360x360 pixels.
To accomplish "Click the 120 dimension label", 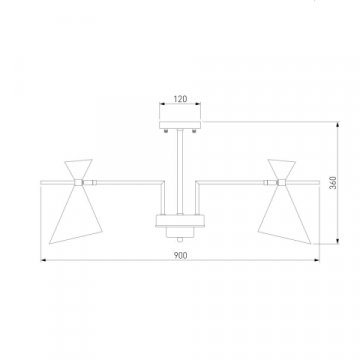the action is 180,99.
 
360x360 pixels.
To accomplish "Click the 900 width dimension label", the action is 180,256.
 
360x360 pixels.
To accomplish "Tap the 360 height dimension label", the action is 333,183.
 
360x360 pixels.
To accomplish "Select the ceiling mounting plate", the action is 180,125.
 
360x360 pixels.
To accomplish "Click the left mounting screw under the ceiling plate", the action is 166,131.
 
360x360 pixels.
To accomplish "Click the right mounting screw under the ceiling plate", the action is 194,131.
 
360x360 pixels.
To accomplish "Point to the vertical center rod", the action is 180,172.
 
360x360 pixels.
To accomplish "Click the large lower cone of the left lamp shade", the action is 77,214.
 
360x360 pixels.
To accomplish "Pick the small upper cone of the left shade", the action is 78,169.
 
